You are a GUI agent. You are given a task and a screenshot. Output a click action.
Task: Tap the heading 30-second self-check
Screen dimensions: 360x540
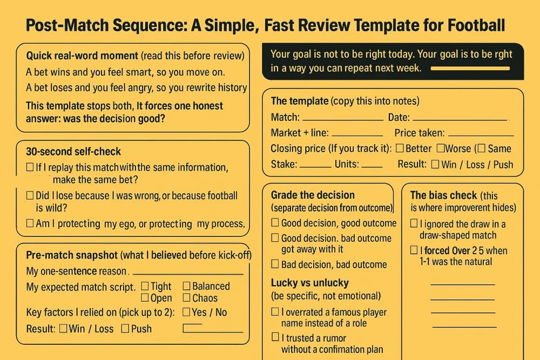[73, 152]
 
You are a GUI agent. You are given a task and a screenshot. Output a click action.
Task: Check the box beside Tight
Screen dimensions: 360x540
[145, 286]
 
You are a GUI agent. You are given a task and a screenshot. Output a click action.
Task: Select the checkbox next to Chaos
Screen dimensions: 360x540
[186, 298]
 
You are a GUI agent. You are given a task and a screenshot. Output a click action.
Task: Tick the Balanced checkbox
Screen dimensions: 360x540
[186, 286]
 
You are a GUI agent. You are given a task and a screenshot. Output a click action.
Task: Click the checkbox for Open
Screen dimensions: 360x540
[145, 298]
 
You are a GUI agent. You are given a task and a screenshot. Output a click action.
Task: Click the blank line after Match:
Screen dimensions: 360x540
[342, 118]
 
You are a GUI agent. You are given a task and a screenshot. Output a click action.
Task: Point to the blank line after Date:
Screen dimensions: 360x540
[460, 118]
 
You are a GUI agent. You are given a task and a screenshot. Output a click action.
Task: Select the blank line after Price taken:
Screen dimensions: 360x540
[481, 134]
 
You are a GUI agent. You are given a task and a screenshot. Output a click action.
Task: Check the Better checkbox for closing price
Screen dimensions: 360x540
[400, 148]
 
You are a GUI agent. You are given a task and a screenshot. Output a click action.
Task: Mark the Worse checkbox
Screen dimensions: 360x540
[441, 148]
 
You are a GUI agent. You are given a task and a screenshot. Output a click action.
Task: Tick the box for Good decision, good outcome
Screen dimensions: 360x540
[275, 223]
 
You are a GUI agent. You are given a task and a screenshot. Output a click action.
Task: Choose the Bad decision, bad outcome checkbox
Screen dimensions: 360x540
[275, 264]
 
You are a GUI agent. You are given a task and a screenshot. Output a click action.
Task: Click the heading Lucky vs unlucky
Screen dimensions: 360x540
[309, 283]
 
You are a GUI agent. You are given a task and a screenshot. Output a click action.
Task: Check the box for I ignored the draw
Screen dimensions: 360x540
[414, 223]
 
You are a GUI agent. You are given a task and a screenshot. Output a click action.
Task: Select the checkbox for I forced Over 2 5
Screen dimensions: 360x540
[414, 250]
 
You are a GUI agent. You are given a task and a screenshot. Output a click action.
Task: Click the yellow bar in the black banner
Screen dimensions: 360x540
[470, 69]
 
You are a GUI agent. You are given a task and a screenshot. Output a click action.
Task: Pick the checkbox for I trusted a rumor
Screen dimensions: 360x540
[275, 338]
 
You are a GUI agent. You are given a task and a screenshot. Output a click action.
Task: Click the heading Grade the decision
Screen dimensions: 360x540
[313, 195]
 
